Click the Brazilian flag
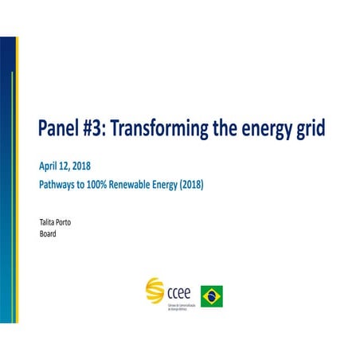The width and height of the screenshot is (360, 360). click(212, 296)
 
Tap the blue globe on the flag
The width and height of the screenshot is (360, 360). click(212, 296)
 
